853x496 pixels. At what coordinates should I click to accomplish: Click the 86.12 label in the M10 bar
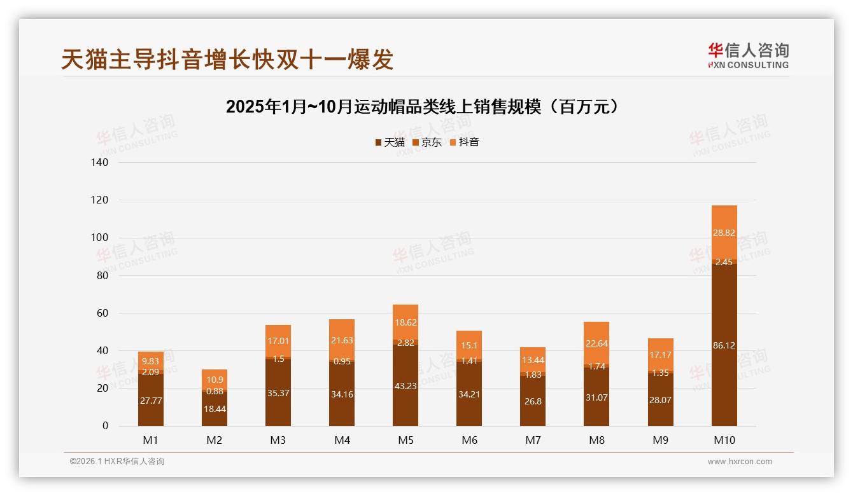click(x=724, y=345)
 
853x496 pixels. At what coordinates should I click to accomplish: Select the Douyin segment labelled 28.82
click(x=724, y=233)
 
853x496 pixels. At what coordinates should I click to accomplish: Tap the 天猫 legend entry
click(x=390, y=142)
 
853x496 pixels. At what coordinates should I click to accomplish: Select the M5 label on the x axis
click(x=405, y=440)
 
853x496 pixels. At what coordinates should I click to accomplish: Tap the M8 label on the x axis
click(x=596, y=440)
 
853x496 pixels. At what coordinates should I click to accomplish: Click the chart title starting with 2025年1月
click(x=422, y=107)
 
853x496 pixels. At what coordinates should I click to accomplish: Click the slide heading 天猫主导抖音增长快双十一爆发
click(x=227, y=59)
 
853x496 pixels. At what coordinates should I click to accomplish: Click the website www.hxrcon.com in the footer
click(x=740, y=462)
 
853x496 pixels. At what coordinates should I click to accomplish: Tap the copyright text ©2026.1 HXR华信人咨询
click(x=116, y=462)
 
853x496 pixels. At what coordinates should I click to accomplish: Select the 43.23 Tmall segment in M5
click(x=405, y=385)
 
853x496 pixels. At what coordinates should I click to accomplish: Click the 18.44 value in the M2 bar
click(x=215, y=409)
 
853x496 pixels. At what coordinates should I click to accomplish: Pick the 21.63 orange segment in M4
click(x=342, y=340)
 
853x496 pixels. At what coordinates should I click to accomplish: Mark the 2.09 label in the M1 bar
click(x=151, y=372)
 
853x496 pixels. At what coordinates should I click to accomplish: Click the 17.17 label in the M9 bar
click(x=660, y=354)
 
